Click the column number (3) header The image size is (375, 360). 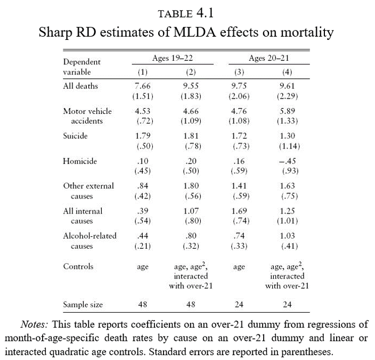240,72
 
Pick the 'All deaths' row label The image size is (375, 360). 80,86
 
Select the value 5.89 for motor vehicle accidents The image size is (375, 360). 288,111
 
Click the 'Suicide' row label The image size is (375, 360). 76,136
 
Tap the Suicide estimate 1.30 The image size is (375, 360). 288,136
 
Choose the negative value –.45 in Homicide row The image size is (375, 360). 288,161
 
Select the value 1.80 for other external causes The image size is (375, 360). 190,186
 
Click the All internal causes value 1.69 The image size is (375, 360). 239,211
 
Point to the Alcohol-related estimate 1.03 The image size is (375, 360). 288,236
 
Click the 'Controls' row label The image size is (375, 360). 78,266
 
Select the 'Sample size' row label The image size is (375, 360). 83,305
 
